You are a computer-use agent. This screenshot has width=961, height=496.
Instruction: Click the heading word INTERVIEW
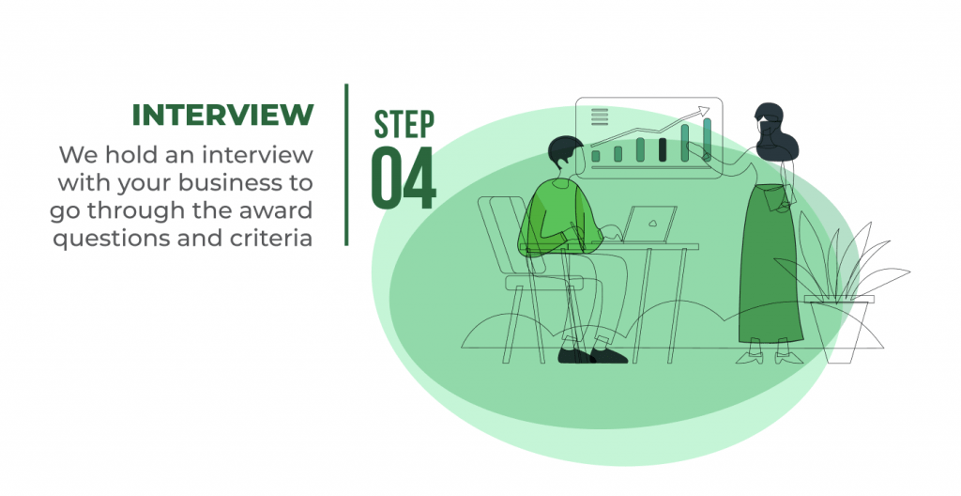[x=223, y=115]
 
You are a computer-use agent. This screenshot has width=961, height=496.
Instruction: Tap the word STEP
[x=404, y=125]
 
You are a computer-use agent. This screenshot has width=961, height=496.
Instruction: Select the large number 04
[x=404, y=178]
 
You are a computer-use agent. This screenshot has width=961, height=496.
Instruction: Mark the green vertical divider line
[x=346, y=164]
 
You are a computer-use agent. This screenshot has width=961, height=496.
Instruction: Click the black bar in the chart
[x=663, y=149]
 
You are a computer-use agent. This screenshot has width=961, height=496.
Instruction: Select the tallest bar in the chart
[x=708, y=139]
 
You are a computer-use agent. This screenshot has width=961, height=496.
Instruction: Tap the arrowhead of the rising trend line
[x=702, y=111]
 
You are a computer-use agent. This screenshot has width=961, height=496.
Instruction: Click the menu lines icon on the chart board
[x=600, y=116]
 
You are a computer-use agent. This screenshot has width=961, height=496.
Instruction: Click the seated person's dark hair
[x=564, y=150]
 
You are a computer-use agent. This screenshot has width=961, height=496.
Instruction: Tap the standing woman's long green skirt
[x=770, y=264]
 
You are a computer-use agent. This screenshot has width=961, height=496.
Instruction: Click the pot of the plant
[x=840, y=329]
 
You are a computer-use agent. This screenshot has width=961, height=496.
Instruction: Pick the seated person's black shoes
[x=592, y=355]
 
